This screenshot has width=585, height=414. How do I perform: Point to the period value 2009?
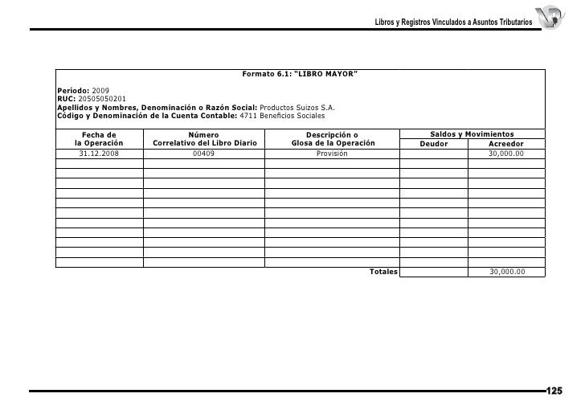102,90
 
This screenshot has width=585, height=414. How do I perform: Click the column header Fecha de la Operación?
99,138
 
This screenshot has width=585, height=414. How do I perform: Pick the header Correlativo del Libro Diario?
204,143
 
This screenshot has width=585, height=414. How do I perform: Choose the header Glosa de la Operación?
333,143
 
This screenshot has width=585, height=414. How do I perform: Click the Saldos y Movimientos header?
472,133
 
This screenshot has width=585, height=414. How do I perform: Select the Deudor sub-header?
434,144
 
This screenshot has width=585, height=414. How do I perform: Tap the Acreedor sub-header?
506,144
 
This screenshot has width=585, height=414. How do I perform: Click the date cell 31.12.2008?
99,153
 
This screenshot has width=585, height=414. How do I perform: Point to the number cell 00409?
204,153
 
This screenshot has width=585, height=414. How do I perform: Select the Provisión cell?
332,153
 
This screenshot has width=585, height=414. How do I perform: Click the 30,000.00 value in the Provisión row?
507,153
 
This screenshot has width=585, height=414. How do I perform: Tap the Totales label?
383,272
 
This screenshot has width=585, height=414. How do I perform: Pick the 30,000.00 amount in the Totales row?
507,272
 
